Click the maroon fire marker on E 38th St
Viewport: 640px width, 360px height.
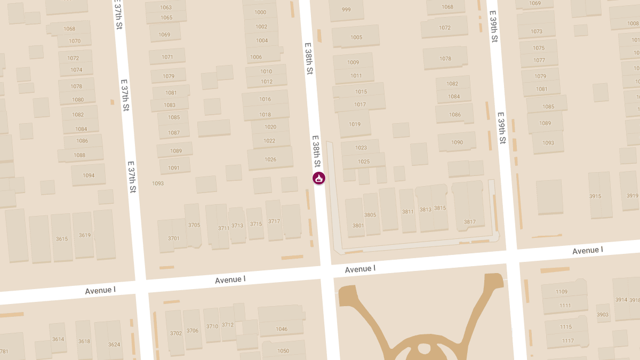pos(319,178)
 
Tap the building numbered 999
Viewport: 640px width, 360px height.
pos(346,10)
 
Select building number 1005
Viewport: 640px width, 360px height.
pos(356,37)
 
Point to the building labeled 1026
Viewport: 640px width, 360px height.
pos(270,159)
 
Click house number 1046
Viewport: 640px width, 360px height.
pos(282,329)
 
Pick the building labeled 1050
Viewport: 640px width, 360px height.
pos(283,350)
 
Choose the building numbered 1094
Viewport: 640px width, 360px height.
pos(89,175)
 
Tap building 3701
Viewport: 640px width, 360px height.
pos(174,238)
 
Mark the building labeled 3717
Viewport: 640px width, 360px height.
pos(274,221)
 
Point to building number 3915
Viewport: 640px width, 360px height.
pos(595,196)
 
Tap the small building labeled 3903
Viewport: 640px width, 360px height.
pos(603,314)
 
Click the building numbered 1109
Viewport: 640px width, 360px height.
pos(562,292)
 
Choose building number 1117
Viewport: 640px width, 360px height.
pos(567,340)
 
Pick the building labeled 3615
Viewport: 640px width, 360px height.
pos(62,238)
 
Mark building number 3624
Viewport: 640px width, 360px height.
pos(114,344)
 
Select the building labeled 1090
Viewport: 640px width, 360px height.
pos(457,142)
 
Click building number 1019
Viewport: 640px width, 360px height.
pos(355,124)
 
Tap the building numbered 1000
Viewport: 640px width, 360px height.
pos(260,12)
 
